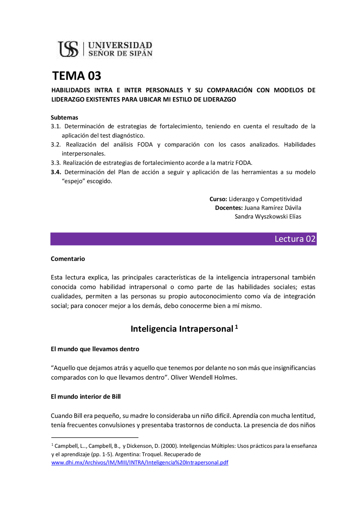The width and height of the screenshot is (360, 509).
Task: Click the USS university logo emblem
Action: tap(68, 49)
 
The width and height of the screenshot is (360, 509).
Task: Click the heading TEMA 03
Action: tap(76, 76)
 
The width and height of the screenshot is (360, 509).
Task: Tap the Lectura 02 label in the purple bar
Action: tap(295, 239)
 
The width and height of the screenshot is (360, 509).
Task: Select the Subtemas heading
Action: tap(64, 117)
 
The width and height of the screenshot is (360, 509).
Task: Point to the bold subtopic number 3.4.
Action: tap(56, 172)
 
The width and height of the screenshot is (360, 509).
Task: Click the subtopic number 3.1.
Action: tap(56, 126)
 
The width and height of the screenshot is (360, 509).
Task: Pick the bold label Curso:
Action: tap(218, 199)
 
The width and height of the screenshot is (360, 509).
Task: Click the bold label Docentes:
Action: tap(229, 208)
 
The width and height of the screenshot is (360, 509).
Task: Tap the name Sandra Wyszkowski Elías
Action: tap(268, 216)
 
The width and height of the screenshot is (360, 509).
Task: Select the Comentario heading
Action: tap(68, 259)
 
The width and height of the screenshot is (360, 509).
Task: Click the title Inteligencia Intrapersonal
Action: tap(182, 329)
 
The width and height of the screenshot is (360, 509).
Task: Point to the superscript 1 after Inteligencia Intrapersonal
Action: tap(237, 327)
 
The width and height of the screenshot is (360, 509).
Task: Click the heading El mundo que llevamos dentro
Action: tap(95, 349)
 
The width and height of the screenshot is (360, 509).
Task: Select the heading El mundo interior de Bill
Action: tap(85, 397)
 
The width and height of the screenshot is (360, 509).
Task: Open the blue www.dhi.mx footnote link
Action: tap(139, 462)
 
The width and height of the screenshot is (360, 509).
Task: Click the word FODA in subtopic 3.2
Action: tap(145, 144)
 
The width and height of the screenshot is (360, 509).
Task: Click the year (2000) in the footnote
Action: tap(169, 446)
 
